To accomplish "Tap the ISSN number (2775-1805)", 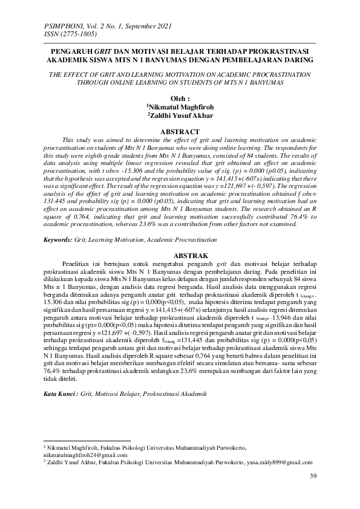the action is (77, 34).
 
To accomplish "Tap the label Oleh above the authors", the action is (179, 96).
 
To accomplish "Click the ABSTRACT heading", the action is (179, 131).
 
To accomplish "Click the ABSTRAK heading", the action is (180, 255).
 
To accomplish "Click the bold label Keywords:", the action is (57, 240).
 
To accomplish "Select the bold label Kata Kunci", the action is (61, 394).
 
